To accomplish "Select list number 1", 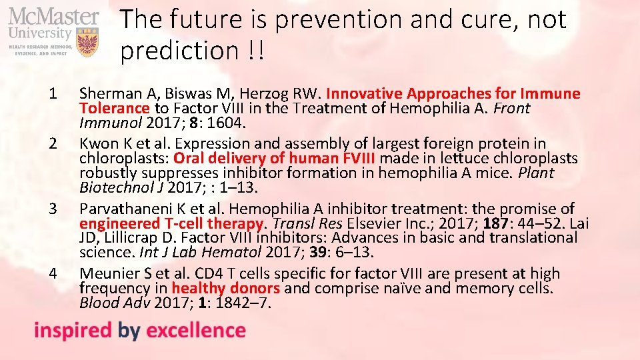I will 54,94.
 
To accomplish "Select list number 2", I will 54,144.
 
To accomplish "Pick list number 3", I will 54,209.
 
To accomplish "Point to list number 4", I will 54,273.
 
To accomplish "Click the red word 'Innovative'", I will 364,94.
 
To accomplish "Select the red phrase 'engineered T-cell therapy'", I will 171,223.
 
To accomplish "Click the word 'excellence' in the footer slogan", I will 195,330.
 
